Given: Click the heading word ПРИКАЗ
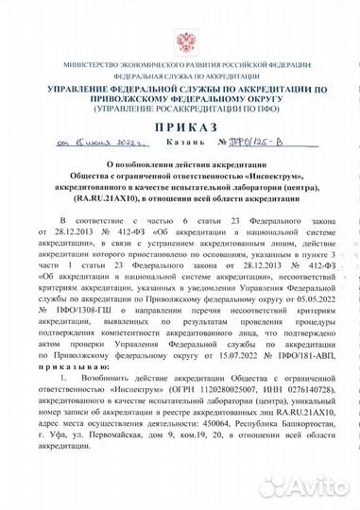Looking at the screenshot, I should (x=180, y=127).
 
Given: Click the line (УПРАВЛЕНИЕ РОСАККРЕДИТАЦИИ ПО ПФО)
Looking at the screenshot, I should (x=180, y=108).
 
